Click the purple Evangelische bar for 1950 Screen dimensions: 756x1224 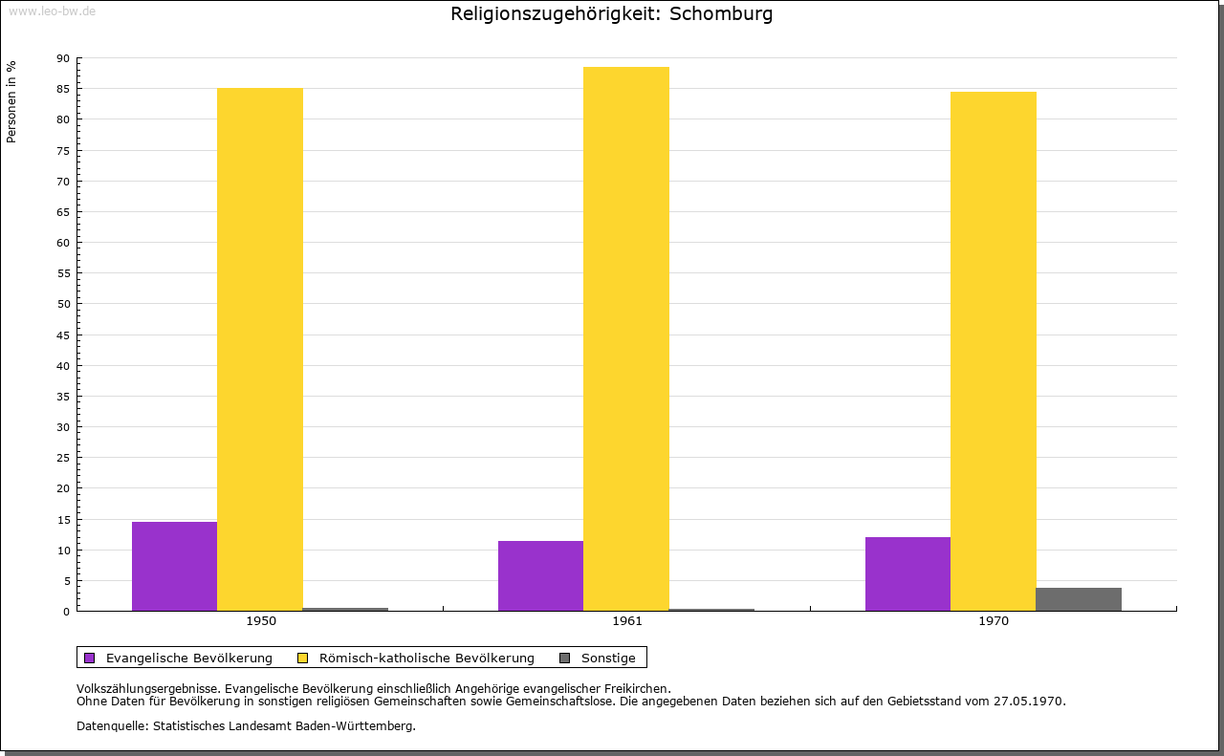pos(174,566)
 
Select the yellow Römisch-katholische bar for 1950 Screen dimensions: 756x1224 pos(260,349)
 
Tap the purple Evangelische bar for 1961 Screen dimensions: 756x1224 pos(540,575)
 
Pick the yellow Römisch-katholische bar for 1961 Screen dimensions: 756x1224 pos(626,338)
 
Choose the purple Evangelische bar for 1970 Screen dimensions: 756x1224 pos(907,573)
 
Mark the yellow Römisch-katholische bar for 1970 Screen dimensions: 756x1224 pos(993,351)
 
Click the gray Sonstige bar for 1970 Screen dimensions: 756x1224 pos(1079,599)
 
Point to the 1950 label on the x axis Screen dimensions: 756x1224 pos(261,621)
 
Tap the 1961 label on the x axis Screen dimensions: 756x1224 pos(627,621)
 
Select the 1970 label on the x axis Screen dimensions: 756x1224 pos(994,621)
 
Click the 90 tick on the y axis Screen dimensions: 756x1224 pos(63,58)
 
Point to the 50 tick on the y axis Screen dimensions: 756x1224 pos(63,304)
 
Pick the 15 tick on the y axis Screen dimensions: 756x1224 pos(63,520)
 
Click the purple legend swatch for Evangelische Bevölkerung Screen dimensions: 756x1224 pos(90,658)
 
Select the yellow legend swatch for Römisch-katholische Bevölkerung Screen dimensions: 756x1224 pos(303,658)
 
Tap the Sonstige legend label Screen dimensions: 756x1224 pos(608,658)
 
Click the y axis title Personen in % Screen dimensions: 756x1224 pos(11,101)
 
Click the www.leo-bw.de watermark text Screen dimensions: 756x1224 pos(52,10)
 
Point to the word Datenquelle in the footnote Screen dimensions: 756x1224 pos(111,725)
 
